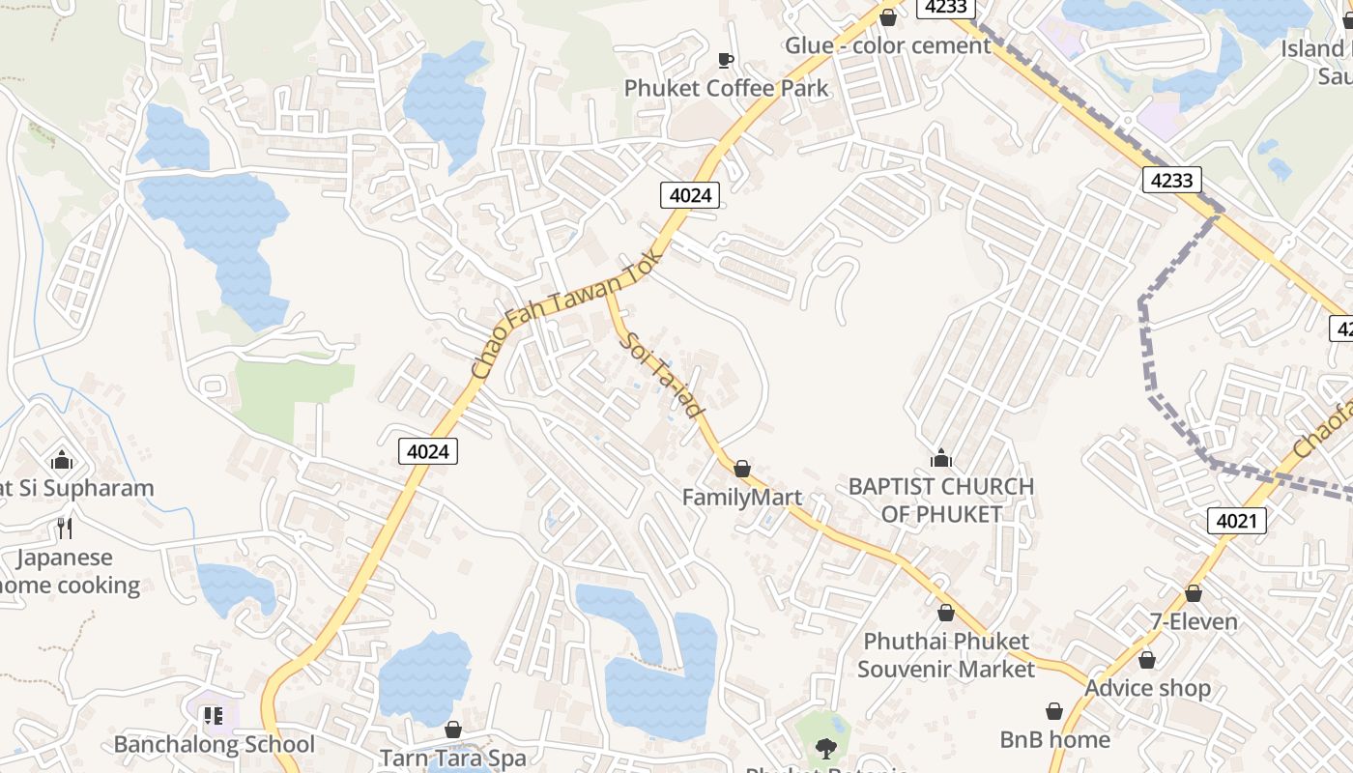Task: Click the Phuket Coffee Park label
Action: (x=726, y=88)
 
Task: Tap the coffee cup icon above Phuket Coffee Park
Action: (x=726, y=60)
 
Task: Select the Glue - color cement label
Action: (x=887, y=45)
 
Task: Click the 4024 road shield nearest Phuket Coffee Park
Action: (x=690, y=195)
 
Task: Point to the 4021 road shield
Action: (x=1236, y=522)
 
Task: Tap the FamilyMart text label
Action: (x=741, y=498)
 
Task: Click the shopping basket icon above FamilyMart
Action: (x=741, y=469)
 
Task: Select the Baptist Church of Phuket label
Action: (x=940, y=500)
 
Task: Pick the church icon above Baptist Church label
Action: (x=940, y=458)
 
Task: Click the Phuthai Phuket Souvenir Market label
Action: (x=945, y=655)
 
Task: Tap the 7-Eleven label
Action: (x=1193, y=621)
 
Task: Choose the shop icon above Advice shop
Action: (x=1146, y=660)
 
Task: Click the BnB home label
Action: (x=1054, y=739)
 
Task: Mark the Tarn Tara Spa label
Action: (x=452, y=759)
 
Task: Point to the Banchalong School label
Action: (x=214, y=744)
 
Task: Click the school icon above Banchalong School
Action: (x=213, y=716)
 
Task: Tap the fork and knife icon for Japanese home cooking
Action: (x=64, y=528)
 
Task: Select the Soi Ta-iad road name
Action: (x=664, y=375)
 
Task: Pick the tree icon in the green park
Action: (x=824, y=747)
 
